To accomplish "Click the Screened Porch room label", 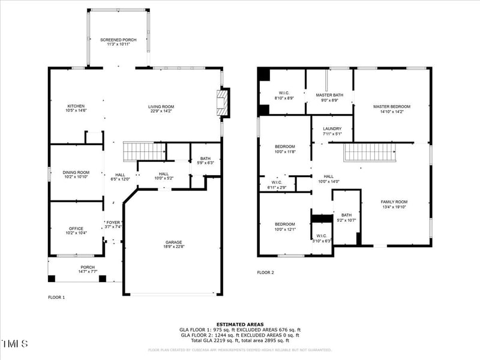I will click(x=118, y=40).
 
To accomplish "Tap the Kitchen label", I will click(x=76, y=106).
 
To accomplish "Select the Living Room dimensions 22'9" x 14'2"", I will click(x=161, y=111).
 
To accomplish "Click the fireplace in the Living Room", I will click(x=223, y=103).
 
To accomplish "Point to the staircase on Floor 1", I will click(x=144, y=152).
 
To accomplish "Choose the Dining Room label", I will click(x=76, y=172).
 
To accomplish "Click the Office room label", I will click(x=76, y=228).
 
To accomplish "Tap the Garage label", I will click(x=174, y=242).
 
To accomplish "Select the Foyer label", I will click(x=113, y=222).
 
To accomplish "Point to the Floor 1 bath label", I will click(x=205, y=158).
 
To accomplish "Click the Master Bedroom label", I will click(x=391, y=106).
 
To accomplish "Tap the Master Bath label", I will click(x=329, y=94).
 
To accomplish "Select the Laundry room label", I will click(x=332, y=129).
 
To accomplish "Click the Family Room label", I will click(x=394, y=202).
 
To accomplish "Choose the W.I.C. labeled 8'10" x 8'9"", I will click(x=284, y=93).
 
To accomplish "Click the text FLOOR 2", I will click(x=265, y=272).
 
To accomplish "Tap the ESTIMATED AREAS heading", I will click(x=240, y=324).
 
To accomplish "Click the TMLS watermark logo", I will click(x=15, y=344).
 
